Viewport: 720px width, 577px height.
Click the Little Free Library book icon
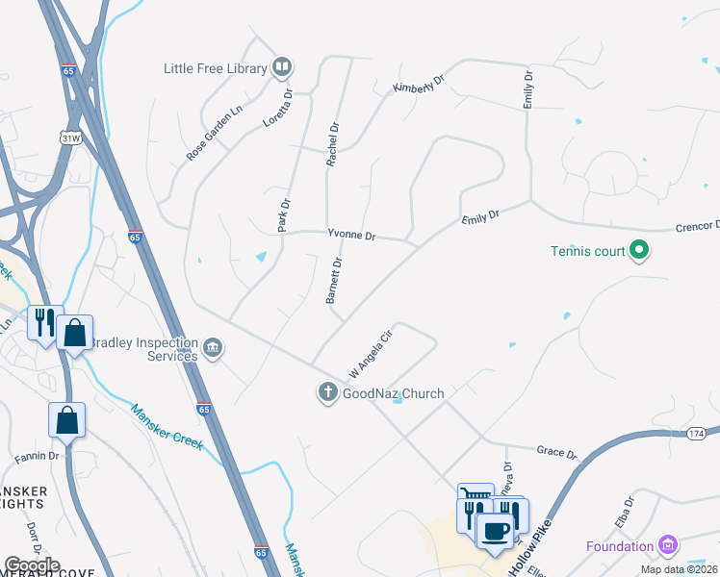click(282, 67)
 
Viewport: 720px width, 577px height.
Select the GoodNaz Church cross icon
click(327, 392)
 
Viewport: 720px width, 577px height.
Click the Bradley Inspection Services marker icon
click(214, 347)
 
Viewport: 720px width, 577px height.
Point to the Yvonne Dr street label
click(351, 235)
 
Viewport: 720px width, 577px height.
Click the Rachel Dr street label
click(333, 144)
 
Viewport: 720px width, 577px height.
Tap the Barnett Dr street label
click(334, 281)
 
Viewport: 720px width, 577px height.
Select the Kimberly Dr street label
click(416, 82)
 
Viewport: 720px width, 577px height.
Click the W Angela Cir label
click(371, 354)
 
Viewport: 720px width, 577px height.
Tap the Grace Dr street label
click(556, 453)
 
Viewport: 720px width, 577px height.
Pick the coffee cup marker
click(496, 531)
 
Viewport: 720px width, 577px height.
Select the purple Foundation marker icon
click(668, 546)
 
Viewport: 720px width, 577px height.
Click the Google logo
click(32, 565)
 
